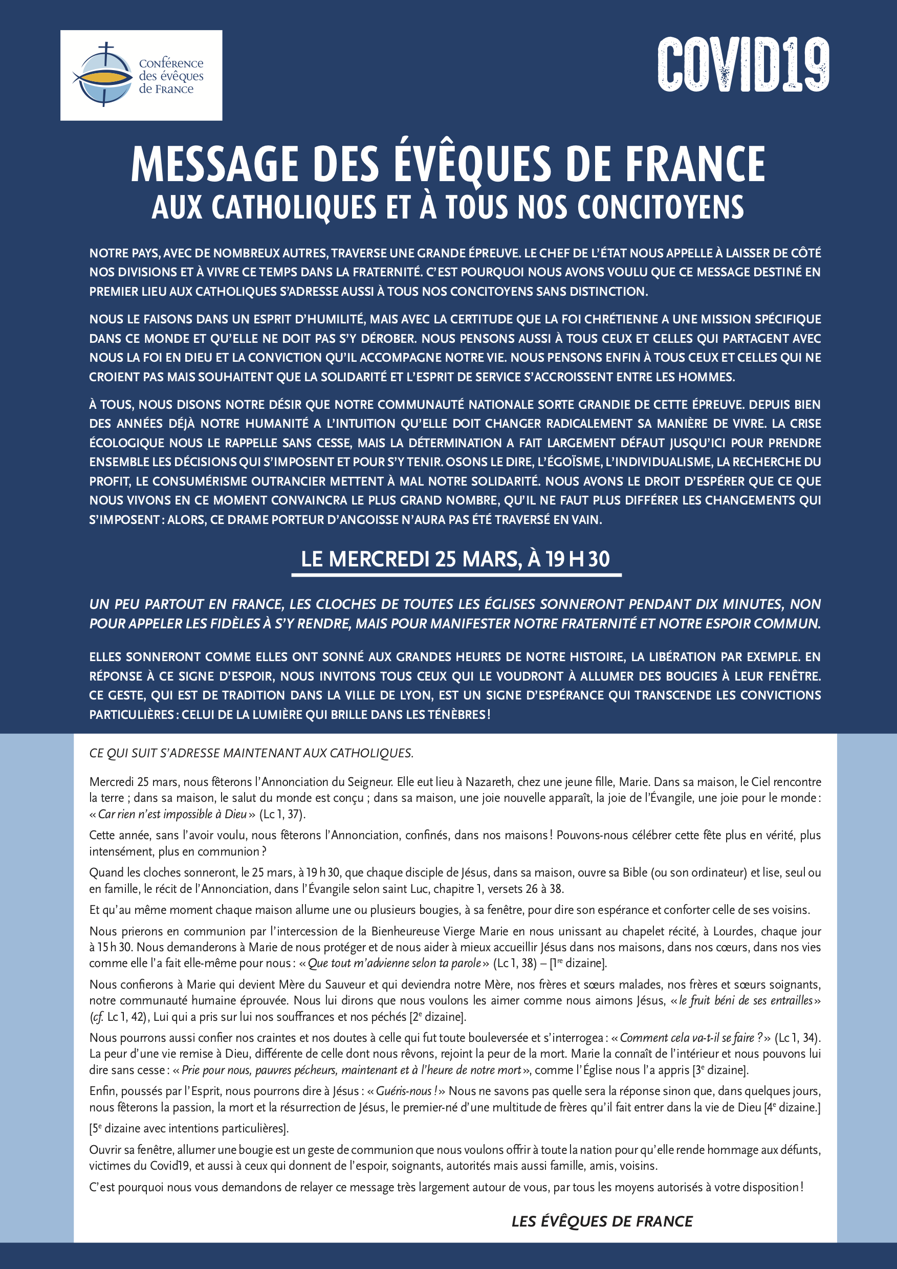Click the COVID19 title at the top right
[743, 64]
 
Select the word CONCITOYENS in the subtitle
[660, 207]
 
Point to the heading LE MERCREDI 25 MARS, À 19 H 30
[455, 559]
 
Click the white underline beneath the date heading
[456, 575]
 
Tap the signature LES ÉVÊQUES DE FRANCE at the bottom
[601, 1221]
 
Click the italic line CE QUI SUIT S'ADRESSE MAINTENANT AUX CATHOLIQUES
[251, 753]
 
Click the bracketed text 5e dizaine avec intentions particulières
[189, 1128]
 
